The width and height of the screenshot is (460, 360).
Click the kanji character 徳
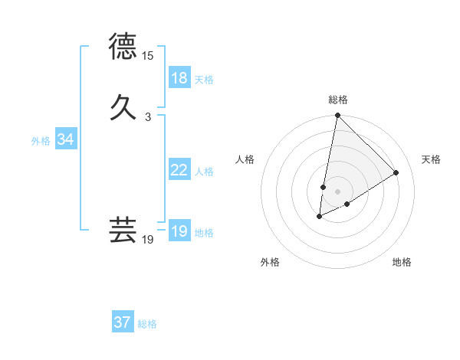[x=123, y=47]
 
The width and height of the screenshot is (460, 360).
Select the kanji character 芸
[x=123, y=229]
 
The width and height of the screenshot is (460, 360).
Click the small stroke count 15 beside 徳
[x=148, y=56]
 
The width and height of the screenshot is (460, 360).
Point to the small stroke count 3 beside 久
[x=148, y=117]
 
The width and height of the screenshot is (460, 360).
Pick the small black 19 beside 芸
[x=148, y=240]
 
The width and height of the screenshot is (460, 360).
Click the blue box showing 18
[x=179, y=78]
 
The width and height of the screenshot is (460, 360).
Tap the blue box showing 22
[x=179, y=170]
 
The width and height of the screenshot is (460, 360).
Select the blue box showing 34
[x=65, y=139]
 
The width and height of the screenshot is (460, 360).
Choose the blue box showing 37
[x=123, y=322]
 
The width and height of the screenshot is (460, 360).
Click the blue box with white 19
[x=179, y=231]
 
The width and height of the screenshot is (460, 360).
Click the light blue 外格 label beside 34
[x=41, y=141]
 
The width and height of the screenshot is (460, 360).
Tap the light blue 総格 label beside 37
[x=147, y=324]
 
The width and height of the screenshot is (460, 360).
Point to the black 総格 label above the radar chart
[x=338, y=100]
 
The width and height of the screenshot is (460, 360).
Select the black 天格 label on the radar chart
[x=431, y=159]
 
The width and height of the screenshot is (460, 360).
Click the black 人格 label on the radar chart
[x=245, y=159]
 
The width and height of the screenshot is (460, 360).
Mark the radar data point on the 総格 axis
[x=337, y=116]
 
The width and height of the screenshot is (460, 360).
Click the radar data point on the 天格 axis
[x=396, y=172]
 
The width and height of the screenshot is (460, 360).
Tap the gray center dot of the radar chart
[x=337, y=191]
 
